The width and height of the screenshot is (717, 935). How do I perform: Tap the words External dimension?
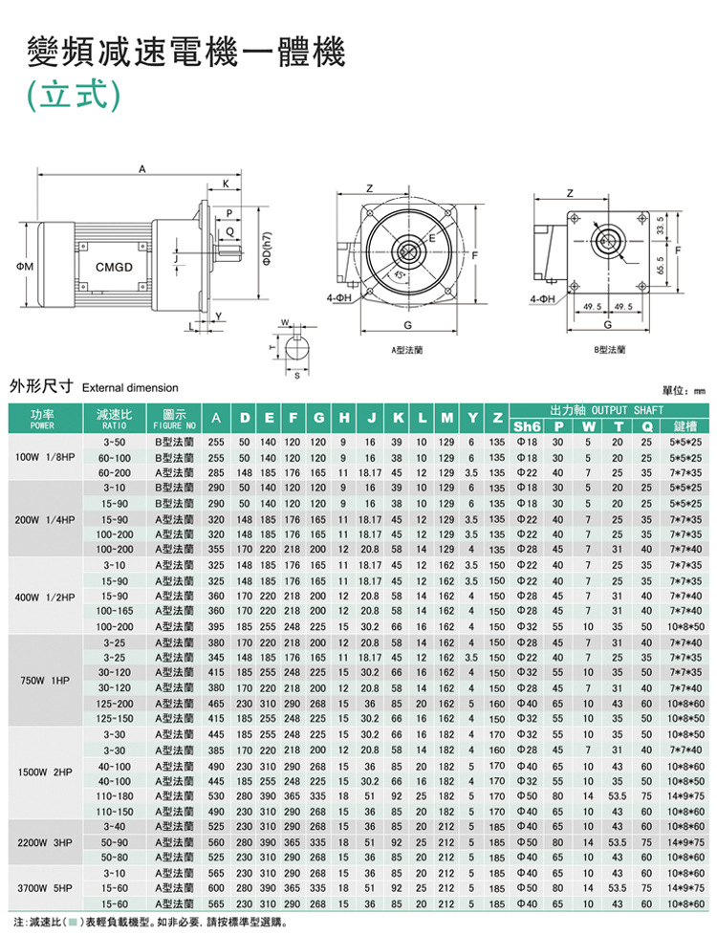tap(131, 387)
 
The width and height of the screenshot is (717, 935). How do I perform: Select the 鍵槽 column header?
tap(684, 424)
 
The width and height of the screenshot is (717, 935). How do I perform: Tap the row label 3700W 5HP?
tap(42, 888)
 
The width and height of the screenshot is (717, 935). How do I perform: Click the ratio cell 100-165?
tap(114, 609)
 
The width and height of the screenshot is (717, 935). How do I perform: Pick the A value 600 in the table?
tap(216, 888)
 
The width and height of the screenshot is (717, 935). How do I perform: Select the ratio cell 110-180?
tap(114, 794)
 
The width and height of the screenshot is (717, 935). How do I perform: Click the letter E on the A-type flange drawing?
tap(432, 237)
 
